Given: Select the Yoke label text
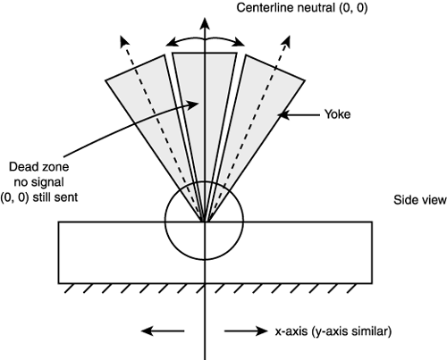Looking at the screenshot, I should [341, 114].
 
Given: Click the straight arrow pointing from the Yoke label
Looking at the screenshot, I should [303, 114].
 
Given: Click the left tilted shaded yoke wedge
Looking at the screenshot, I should [148, 98].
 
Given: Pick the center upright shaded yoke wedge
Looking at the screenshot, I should [205, 89].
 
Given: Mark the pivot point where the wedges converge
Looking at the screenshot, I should [205, 220].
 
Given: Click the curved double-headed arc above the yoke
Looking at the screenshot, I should [205, 39].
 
